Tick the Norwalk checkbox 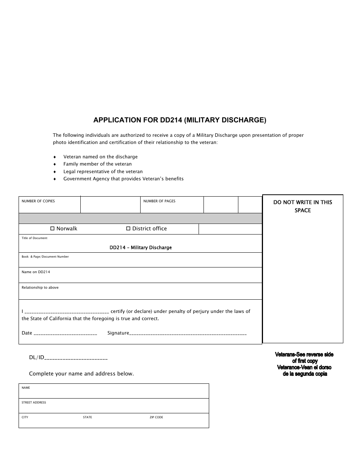tap(53, 229)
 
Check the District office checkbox tap(128, 229)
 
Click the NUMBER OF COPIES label tap(38, 201)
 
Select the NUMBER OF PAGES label tap(159, 201)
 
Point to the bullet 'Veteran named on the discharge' tap(100, 157)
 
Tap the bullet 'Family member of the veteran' tap(97, 164)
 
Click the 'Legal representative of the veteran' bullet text tap(103, 172)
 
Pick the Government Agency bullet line tap(123, 179)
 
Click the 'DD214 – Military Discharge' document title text tap(141, 248)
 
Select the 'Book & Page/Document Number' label tap(45, 257)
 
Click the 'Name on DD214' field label tap(36, 272)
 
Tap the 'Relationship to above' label tap(40, 288)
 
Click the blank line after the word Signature tap(188, 334)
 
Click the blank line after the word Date tap(65, 334)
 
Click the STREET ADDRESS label tap(34, 402)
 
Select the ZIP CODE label tap(156, 418)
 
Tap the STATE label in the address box tap(88, 418)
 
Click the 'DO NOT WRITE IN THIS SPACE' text tap(302, 206)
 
